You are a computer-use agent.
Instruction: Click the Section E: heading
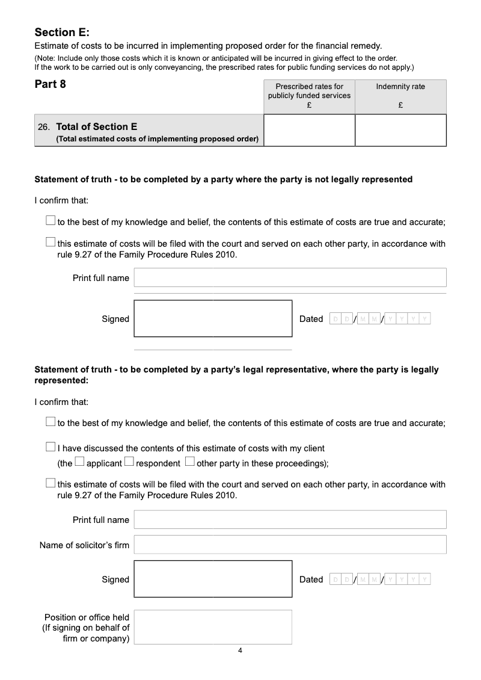click(x=62, y=32)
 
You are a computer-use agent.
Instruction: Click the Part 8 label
click(x=51, y=84)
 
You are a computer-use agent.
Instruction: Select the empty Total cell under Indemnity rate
click(x=400, y=130)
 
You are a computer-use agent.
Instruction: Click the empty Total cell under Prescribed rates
click(x=309, y=130)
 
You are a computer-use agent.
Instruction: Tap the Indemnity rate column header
click(x=400, y=87)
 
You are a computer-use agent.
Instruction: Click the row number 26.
click(x=43, y=127)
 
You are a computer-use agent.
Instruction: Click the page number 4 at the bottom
click(x=240, y=651)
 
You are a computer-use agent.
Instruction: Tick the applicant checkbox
click(x=79, y=462)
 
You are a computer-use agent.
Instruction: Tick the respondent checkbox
click(x=129, y=462)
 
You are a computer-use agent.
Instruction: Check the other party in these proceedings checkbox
click(x=190, y=462)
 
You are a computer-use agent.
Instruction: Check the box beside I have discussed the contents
click(x=51, y=447)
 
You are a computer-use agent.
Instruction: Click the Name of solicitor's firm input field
click(x=290, y=545)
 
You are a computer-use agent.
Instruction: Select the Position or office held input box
click(x=213, y=627)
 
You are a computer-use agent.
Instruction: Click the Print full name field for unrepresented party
click(x=290, y=277)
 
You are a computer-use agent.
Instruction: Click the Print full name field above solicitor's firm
click(x=290, y=519)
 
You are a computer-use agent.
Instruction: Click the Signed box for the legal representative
click(x=213, y=579)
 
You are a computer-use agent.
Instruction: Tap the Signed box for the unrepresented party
click(x=213, y=318)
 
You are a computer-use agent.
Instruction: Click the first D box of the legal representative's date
click(x=335, y=580)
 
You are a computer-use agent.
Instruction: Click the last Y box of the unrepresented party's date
click(x=425, y=319)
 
